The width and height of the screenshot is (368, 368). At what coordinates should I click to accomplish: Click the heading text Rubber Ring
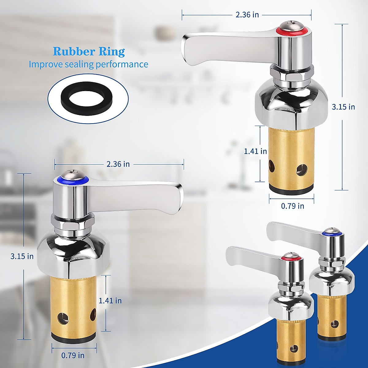tap(89, 51)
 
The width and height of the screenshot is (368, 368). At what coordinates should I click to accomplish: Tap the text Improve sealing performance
tap(88, 64)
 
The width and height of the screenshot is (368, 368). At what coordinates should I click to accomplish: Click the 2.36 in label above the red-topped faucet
tap(247, 14)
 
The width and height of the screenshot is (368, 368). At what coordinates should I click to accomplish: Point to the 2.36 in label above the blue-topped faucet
tap(118, 164)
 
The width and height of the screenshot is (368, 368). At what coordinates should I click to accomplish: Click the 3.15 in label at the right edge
tap(343, 107)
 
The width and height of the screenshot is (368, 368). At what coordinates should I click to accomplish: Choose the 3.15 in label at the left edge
tap(22, 256)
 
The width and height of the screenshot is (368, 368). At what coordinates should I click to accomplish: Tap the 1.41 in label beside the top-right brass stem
tap(255, 151)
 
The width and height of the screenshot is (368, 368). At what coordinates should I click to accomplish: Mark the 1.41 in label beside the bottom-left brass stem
tap(110, 301)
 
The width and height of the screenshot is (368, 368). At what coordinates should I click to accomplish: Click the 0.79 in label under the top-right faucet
tap(293, 206)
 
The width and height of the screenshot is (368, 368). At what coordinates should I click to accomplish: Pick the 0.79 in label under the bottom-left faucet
tap(73, 355)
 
